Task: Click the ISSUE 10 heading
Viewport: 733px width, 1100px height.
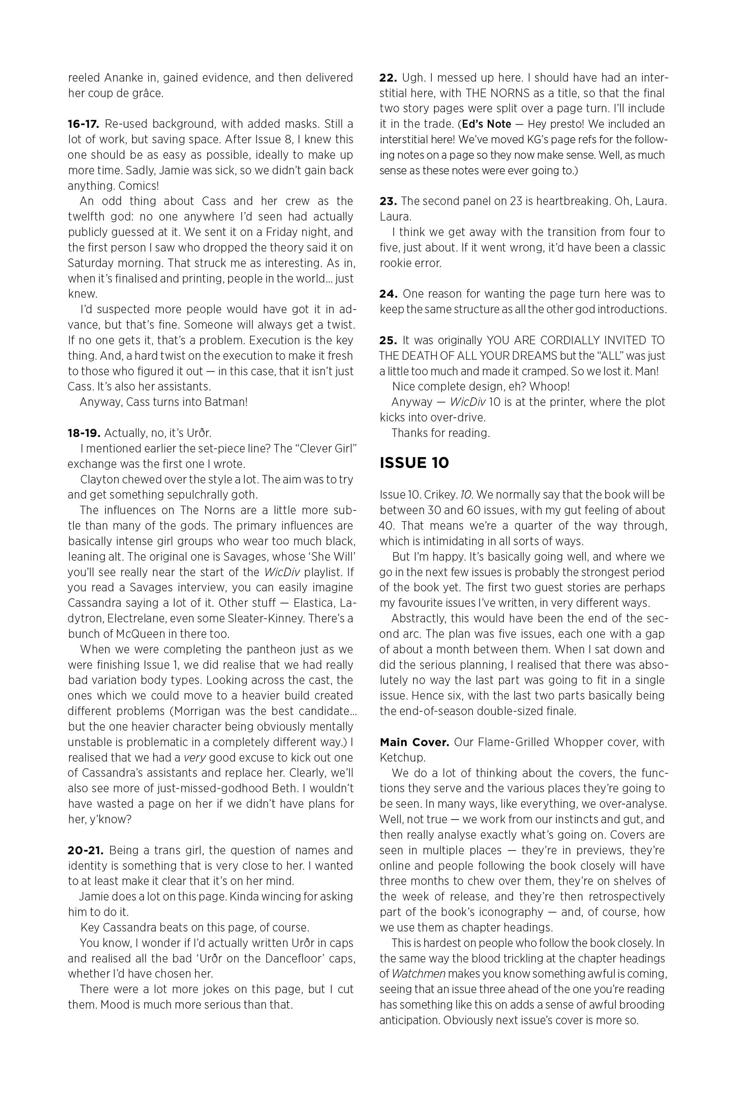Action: [414, 463]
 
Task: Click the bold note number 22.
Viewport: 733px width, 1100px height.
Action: [388, 78]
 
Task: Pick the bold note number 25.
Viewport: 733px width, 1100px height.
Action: [388, 341]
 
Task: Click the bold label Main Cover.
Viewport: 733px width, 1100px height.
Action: [414, 742]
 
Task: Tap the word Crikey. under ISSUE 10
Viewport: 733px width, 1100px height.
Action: [434, 495]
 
